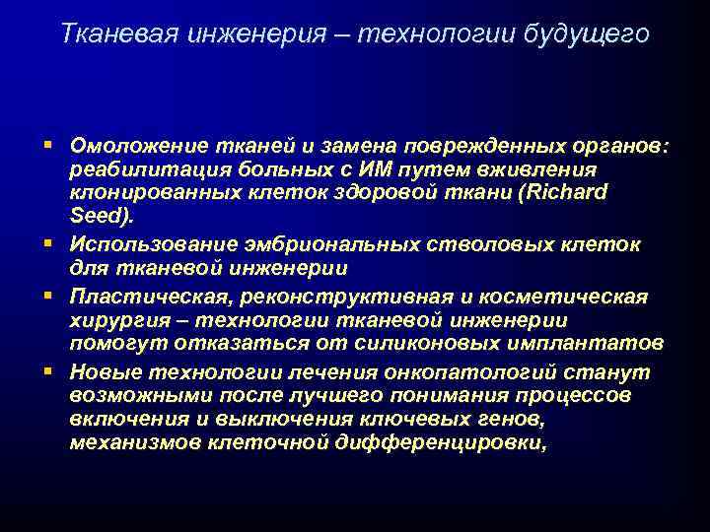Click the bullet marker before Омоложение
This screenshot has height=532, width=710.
coord(50,145)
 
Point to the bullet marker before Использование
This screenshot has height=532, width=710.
coord(50,241)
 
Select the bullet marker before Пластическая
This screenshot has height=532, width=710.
coord(50,296)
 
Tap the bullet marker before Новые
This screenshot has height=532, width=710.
coord(50,370)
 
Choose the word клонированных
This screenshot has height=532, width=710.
coord(144,193)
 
